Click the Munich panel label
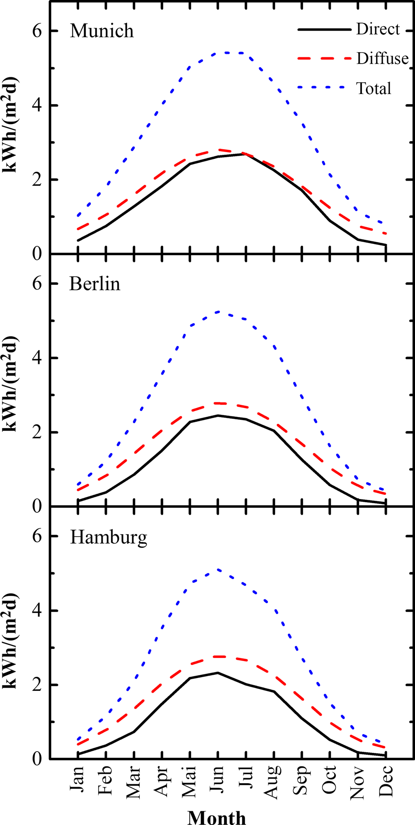[102, 31]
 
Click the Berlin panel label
[95, 284]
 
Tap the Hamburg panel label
[108, 537]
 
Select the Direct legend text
[378, 29]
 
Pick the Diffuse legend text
[382, 59]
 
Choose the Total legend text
[374, 89]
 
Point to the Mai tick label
[190, 780]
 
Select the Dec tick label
[386, 780]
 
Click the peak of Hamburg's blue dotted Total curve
[218, 570]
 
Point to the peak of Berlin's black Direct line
[218, 415]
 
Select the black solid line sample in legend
[325, 30]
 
